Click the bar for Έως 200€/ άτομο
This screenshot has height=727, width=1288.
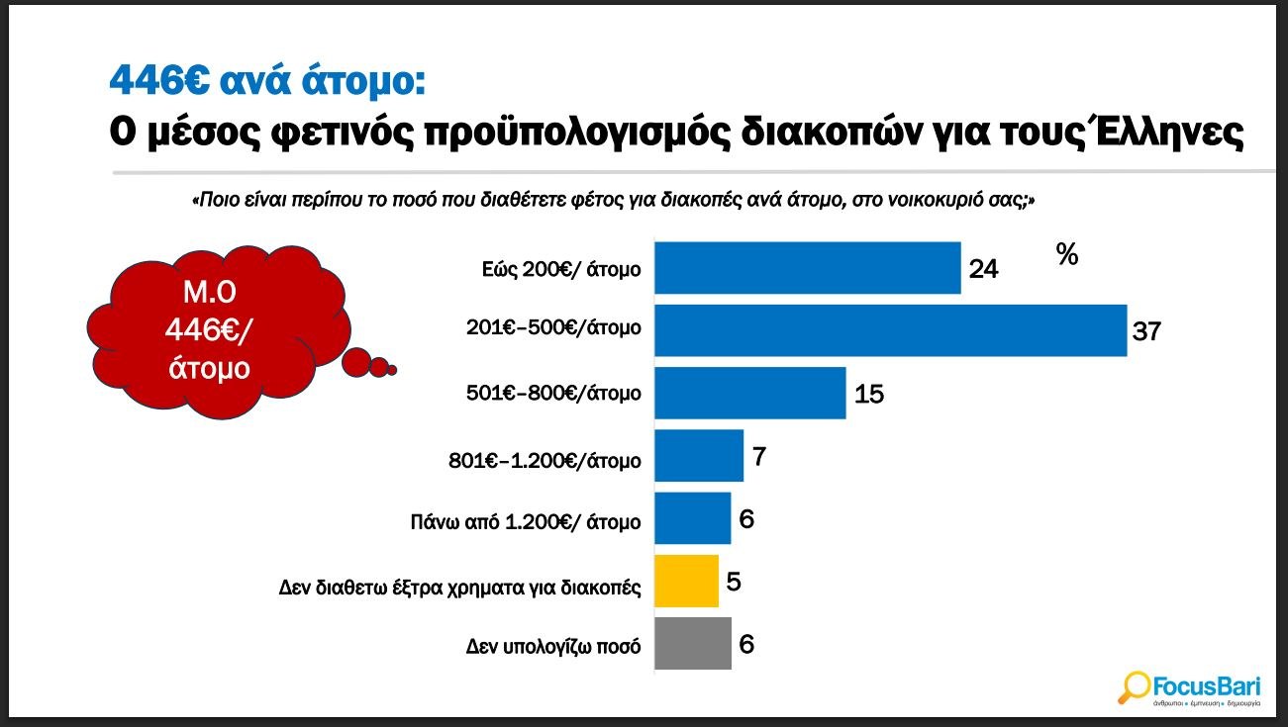[807, 267]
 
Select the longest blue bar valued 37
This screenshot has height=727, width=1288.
[890, 330]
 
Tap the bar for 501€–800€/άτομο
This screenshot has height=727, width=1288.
[749, 393]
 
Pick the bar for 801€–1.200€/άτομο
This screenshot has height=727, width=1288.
[698, 456]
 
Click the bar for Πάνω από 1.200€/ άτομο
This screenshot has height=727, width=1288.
[692, 518]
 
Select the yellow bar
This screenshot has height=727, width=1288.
[686, 581]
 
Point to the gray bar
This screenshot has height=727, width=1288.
[692, 643]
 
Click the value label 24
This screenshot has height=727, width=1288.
[983, 269]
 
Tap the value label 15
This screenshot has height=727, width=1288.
[868, 395]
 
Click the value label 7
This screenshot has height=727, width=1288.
[759, 457]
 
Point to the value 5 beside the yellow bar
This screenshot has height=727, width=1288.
[734, 582]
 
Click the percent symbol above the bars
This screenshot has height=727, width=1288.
[1066, 255]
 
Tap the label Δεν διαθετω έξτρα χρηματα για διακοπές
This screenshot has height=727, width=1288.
[460, 588]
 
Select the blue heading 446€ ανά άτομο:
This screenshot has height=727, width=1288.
[267, 79]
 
